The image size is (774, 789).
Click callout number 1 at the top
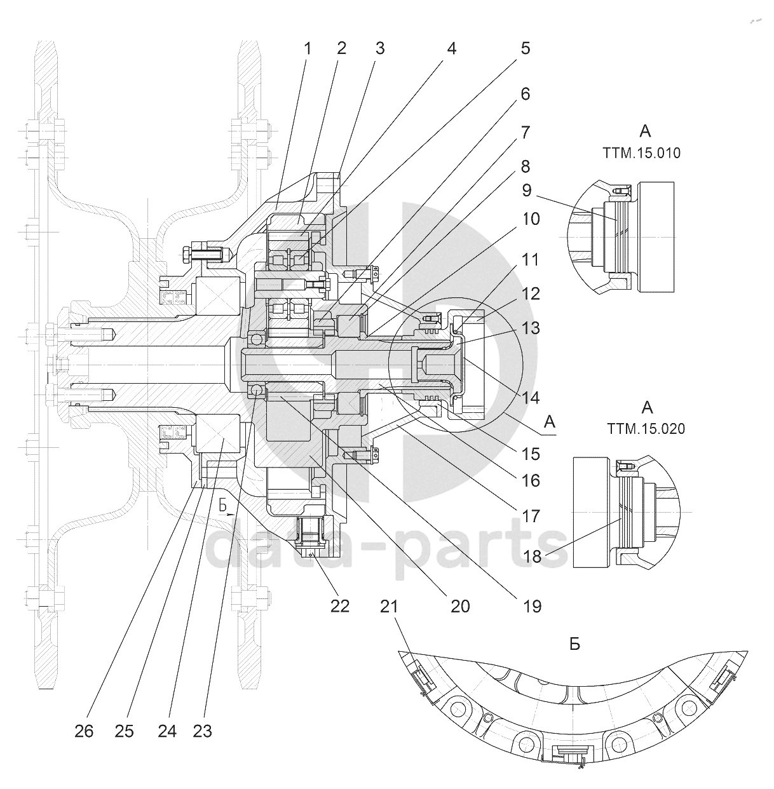click(x=308, y=49)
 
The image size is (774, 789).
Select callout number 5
click(x=525, y=49)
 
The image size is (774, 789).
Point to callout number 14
click(x=531, y=398)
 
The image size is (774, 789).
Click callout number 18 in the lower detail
click(x=533, y=556)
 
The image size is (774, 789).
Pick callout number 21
click(x=389, y=607)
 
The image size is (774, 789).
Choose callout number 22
click(x=340, y=606)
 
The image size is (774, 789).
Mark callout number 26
click(x=84, y=731)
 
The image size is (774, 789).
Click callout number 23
click(x=202, y=731)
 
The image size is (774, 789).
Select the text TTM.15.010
click(x=641, y=153)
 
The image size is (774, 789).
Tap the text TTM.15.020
click(x=646, y=429)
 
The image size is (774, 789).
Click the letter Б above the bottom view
click(x=574, y=644)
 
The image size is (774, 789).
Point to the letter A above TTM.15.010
click(x=645, y=131)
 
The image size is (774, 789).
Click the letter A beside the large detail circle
click(x=550, y=421)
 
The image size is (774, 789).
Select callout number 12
click(x=531, y=293)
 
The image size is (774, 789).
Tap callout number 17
click(x=531, y=516)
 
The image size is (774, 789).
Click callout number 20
click(x=460, y=606)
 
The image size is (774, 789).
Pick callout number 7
click(x=525, y=133)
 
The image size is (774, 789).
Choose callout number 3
click(x=379, y=49)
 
